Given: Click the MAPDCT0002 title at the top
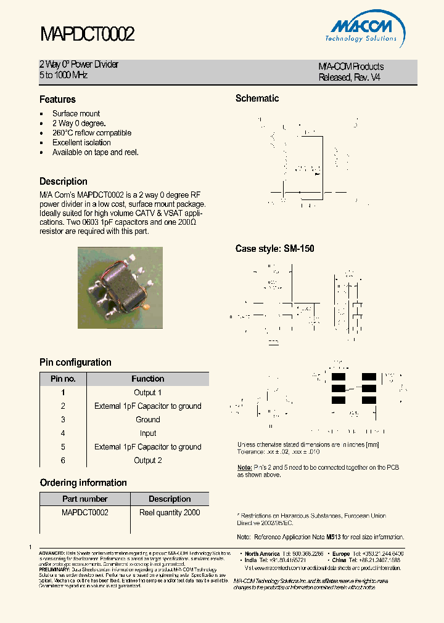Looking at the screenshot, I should (87, 34).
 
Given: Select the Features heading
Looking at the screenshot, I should (57, 100).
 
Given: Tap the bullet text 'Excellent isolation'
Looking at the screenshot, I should (81, 143).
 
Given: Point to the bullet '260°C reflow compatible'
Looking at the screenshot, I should (91, 133).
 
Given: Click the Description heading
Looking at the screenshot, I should (64, 182).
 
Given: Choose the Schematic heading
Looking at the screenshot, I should (257, 98).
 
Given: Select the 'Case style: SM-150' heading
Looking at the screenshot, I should (274, 249).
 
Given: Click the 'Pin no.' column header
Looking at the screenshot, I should (63, 379).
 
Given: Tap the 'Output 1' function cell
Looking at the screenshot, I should (148, 393).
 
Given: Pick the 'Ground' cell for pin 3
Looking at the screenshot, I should (148, 420).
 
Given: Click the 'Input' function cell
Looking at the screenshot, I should (148, 433).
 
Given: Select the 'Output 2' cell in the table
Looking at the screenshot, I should (148, 460).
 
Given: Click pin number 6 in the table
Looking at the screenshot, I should (63, 460).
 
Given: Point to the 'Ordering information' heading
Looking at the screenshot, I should (83, 483).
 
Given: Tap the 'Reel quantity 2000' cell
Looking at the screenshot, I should (170, 513).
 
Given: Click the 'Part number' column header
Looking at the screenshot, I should (85, 499).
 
